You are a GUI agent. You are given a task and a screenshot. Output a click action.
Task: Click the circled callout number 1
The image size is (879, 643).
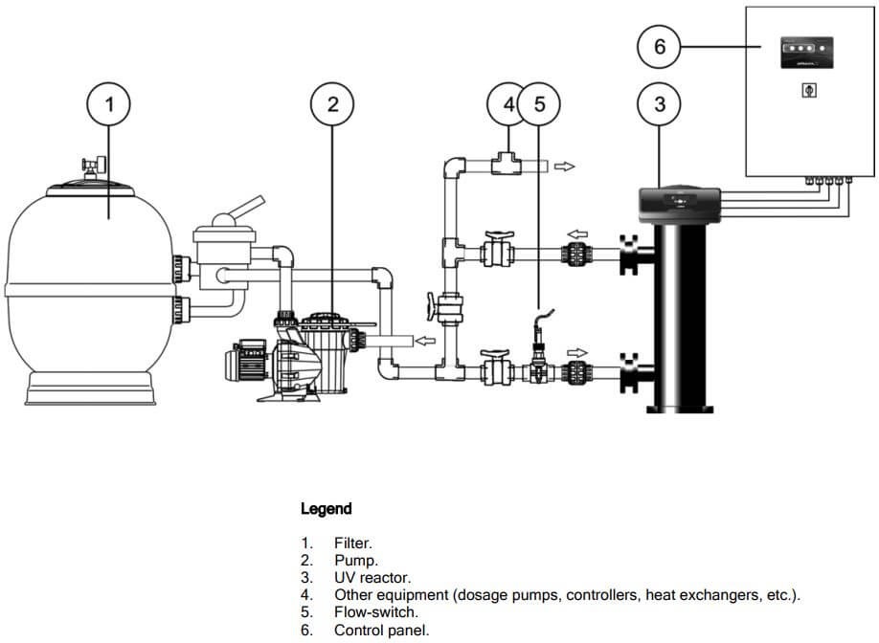(x=109, y=104)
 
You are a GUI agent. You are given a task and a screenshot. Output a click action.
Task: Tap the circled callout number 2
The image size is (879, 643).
(x=332, y=104)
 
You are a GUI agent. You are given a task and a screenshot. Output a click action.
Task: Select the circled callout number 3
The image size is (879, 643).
(x=660, y=104)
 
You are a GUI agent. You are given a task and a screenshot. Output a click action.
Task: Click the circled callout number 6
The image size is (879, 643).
(x=660, y=45)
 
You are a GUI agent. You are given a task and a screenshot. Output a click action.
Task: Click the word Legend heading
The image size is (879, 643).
(x=326, y=509)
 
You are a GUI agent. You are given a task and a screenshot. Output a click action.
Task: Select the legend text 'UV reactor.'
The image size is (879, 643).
(x=372, y=577)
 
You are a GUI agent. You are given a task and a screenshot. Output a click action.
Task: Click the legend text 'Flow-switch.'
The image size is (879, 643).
(x=376, y=611)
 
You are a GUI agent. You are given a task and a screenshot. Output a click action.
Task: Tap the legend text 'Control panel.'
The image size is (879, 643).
(x=382, y=630)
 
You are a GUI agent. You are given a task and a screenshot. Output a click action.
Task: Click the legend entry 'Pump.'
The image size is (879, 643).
(x=356, y=560)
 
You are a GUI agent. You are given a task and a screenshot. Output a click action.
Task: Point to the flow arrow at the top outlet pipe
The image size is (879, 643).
(x=565, y=166)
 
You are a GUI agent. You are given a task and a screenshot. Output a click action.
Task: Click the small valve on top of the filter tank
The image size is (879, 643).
(x=92, y=167)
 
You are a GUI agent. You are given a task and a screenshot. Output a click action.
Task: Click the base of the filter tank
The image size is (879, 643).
(x=92, y=388)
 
